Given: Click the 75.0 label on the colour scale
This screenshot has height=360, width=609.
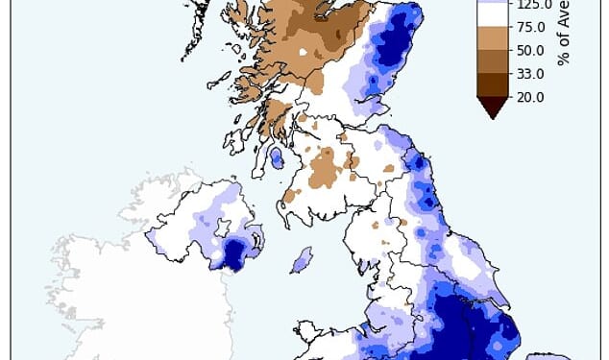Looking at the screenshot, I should (x=530, y=27).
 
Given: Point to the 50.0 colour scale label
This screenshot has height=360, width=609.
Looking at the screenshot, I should (x=530, y=50).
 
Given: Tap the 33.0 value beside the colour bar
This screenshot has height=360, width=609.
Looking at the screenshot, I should (x=530, y=74).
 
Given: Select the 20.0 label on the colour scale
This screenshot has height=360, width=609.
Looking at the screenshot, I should (x=530, y=97).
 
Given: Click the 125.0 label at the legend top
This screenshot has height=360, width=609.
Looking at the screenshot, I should (x=533, y=4).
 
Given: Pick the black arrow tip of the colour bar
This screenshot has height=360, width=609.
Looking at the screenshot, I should (x=491, y=109).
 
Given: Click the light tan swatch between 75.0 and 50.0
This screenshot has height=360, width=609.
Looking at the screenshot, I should (x=491, y=38).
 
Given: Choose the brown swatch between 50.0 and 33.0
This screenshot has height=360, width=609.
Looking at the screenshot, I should (x=491, y=62).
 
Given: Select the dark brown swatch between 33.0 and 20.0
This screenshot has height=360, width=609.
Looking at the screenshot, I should (x=491, y=85).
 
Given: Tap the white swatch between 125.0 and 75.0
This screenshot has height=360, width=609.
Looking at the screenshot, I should (x=491, y=15).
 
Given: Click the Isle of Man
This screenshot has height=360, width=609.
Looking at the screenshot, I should (x=302, y=259).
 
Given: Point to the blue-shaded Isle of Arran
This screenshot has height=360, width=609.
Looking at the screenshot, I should (x=277, y=157).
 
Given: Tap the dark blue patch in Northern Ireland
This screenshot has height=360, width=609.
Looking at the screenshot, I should (x=234, y=253).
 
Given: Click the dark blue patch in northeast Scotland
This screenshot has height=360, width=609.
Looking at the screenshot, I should (x=394, y=43).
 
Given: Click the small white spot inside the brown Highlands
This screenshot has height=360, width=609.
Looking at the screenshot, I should (x=304, y=53).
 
